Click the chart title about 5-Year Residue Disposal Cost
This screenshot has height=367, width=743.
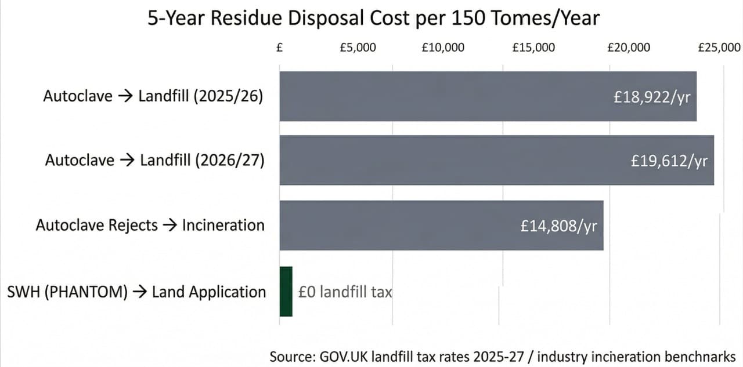[373, 19]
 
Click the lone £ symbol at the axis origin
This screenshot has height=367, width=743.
[280, 48]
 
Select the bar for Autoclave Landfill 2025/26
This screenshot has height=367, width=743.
[441, 96]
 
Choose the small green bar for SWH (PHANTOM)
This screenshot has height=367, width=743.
[286, 291]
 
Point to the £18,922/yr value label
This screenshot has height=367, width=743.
[652, 97]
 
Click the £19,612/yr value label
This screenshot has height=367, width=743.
[669, 161]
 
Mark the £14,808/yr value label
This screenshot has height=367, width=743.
[558, 226]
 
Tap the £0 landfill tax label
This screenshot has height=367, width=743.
[345, 292]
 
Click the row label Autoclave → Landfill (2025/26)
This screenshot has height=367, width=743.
[153, 96]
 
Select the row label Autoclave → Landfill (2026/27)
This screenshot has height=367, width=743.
[154, 161]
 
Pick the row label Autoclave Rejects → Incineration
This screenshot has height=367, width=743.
[150, 226]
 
